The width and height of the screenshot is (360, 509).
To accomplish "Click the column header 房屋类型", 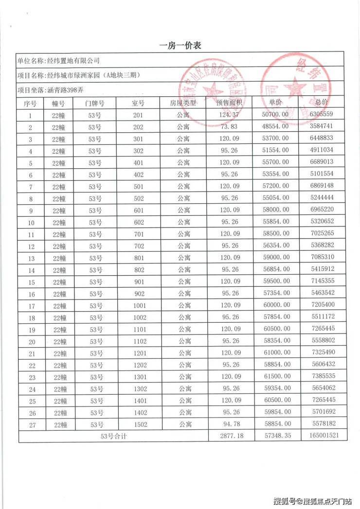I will tap(183, 103).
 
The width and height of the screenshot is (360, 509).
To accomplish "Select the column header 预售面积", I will tap(230, 103).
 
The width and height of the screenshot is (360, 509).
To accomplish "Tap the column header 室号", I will tap(138, 103).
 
